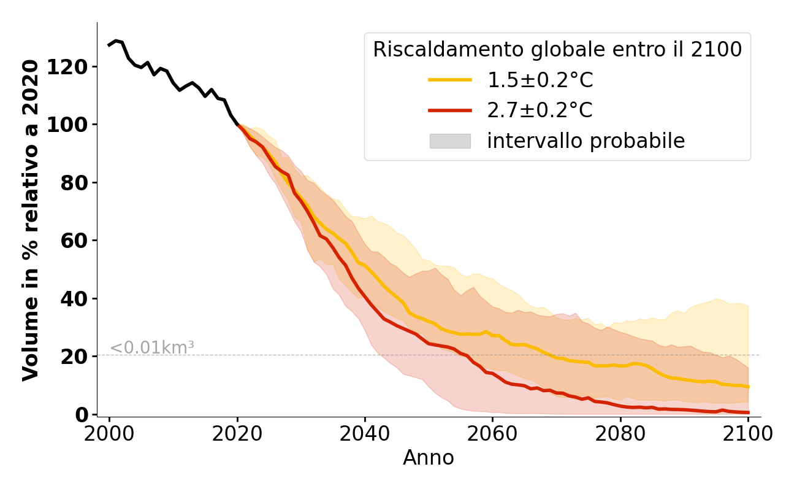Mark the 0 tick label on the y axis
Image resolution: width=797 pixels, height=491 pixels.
click(x=82, y=415)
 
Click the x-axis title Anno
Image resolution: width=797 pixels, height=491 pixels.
click(x=429, y=458)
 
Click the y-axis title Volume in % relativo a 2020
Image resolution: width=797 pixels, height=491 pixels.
click(x=31, y=220)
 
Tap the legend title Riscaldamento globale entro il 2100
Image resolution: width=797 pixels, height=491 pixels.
click(x=557, y=50)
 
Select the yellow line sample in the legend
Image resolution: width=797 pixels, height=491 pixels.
click(x=450, y=80)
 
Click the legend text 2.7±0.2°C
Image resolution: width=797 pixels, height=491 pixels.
click(x=540, y=110)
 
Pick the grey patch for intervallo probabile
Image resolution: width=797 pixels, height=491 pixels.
click(x=450, y=141)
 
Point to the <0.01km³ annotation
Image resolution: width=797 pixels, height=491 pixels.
click(x=151, y=348)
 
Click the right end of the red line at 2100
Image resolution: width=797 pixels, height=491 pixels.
click(x=748, y=412)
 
